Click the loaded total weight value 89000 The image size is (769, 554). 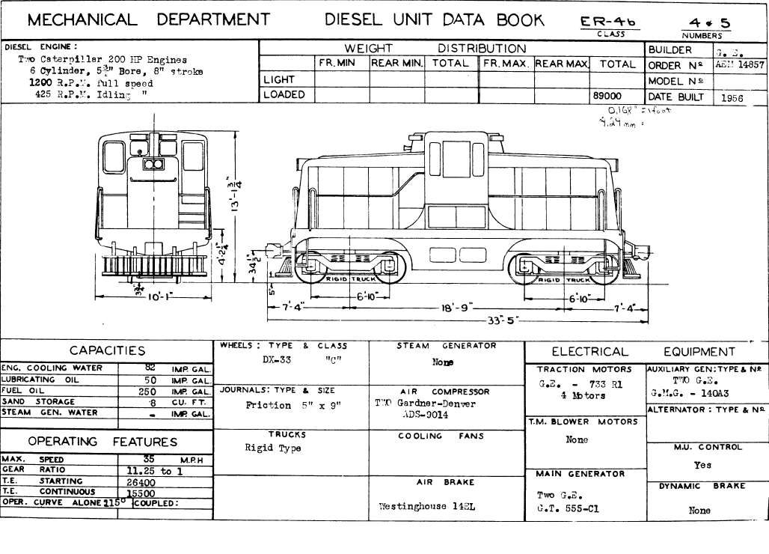607,96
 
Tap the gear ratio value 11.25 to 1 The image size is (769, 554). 156,470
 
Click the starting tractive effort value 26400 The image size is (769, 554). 147,481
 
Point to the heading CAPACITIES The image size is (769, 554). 107,350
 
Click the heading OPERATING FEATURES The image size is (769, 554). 103,442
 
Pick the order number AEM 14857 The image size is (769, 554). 739,65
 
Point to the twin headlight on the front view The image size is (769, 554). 153,164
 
